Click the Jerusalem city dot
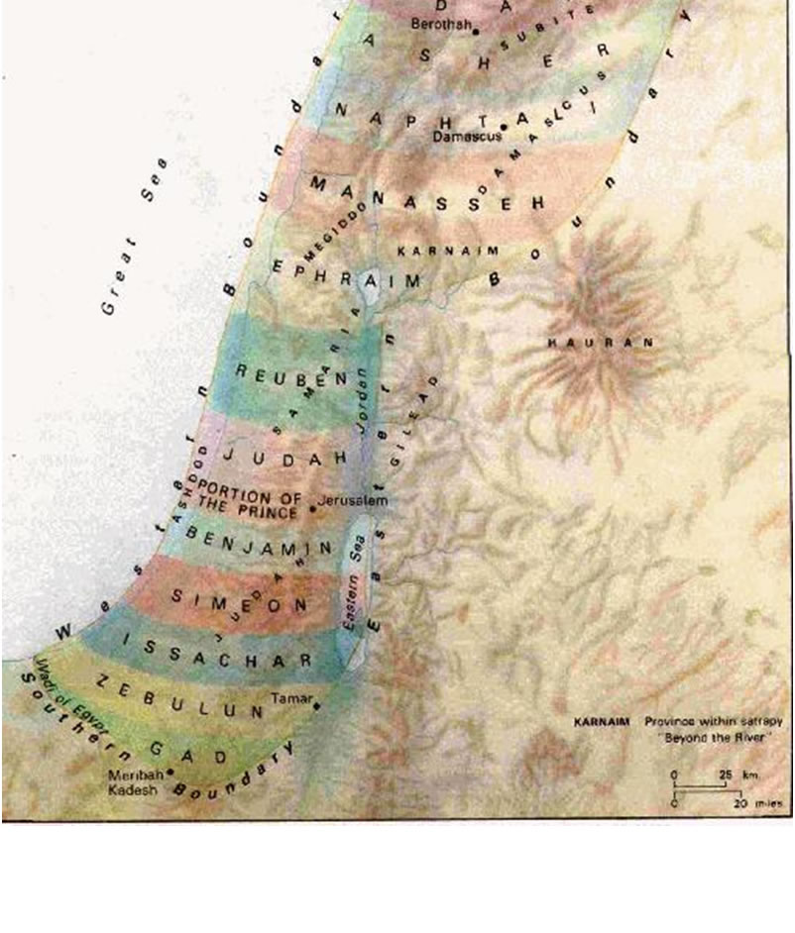coord(313,509)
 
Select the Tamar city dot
coord(316,705)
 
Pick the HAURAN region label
coord(602,343)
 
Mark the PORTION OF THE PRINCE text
coord(247,500)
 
